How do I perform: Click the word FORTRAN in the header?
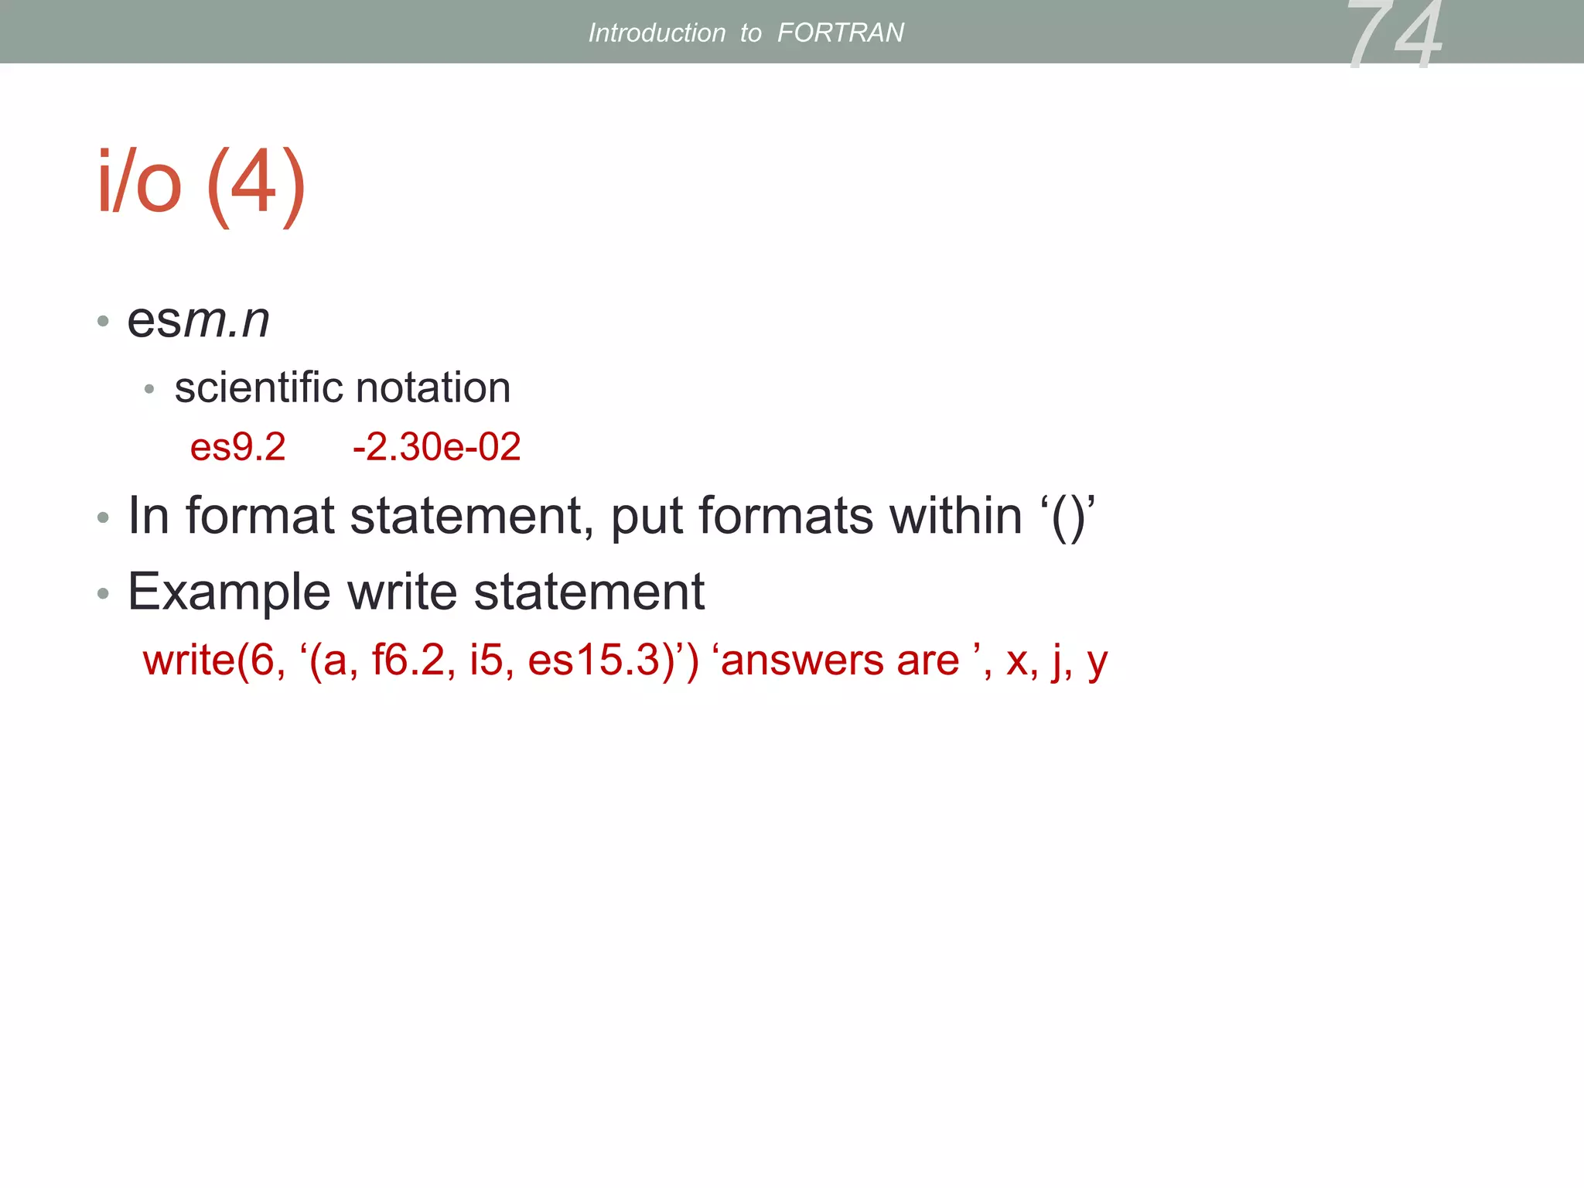[x=840, y=32]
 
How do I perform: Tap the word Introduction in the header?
[x=657, y=32]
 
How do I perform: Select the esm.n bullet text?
[x=198, y=319]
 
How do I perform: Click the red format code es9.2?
[x=237, y=447]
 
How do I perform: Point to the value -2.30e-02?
[x=436, y=447]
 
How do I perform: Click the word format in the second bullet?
[x=260, y=516]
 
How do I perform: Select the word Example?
[x=229, y=592]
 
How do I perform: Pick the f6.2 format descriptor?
[x=409, y=661]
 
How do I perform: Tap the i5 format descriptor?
[x=486, y=661]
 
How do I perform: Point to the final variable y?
[x=1097, y=664]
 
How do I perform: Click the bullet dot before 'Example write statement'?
[x=103, y=594]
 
